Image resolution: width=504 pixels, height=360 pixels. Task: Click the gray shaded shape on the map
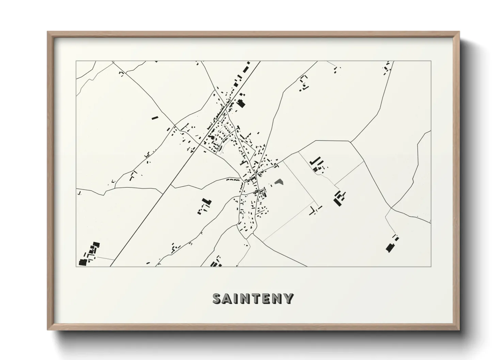(280, 182)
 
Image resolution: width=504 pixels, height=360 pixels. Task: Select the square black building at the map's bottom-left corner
(82, 262)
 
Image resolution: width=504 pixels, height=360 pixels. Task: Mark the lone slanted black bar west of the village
(155, 118)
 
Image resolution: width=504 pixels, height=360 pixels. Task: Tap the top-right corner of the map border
(431, 61)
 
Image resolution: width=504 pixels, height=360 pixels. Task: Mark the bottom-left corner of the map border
(76, 266)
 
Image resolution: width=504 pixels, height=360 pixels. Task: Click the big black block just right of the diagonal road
(241, 104)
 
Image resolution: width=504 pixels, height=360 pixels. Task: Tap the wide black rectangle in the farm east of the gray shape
(337, 202)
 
